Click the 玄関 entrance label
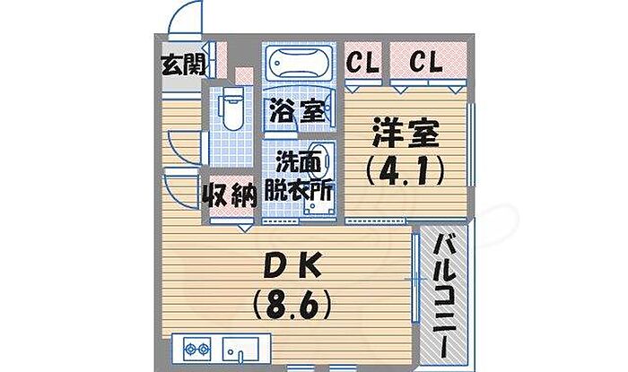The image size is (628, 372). pyautogui.click(x=183, y=65)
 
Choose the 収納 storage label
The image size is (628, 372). pyautogui.click(x=231, y=194)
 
